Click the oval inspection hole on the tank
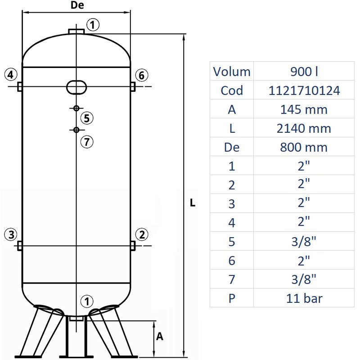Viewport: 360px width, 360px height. (x=76, y=86)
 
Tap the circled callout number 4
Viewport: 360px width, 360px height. (x=11, y=75)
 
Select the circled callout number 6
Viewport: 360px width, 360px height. (x=141, y=75)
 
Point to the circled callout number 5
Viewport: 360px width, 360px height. (x=87, y=118)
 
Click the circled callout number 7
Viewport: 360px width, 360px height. (x=87, y=142)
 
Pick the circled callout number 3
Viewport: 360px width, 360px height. (x=11, y=234)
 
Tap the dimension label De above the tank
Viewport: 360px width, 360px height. (x=77, y=5)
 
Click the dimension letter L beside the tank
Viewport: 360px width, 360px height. (x=193, y=203)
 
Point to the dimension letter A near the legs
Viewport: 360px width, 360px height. (x=159, y=336)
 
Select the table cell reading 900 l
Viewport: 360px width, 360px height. (x=305, y=72)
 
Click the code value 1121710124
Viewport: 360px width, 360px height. (x=305, y=90)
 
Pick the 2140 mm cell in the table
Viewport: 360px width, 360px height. (x=305, y=128)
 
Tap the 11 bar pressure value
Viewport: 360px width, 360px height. (x=305, y=298)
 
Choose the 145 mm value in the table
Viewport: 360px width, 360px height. (x=305, y=109)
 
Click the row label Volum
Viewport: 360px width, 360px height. (x=232, y=72)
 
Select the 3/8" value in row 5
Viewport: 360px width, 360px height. (x=305, y=242)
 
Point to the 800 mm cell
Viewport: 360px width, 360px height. (x=305, y=147)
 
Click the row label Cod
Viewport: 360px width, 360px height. (x=232, y=90)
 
